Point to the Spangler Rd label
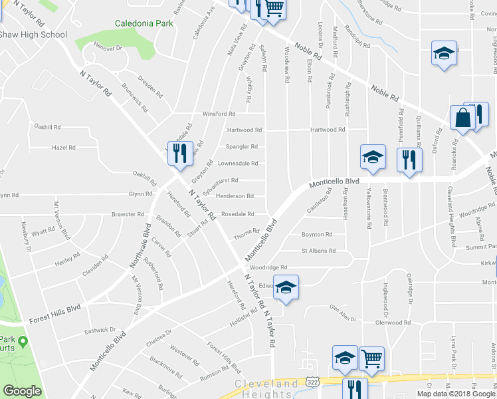(x=242, y=146)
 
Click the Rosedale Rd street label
(x=238, y=214)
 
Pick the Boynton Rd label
(x=316, y=234)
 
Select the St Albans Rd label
(x=318, y=251)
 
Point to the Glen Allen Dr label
(x=344, y=307)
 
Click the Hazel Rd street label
(x=64, y=148)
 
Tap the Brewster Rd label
(x=128, y=214)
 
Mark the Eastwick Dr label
(x=100, y=330)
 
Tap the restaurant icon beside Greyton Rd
(x=179, y=153)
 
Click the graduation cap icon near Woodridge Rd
(x=286, y=287)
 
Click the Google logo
(x=22, y=391)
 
